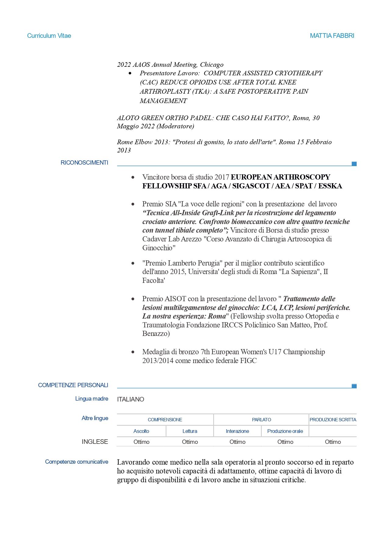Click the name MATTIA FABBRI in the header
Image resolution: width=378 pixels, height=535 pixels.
(x=332, y=36)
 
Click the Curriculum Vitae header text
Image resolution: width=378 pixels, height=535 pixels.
(x=49, y=36)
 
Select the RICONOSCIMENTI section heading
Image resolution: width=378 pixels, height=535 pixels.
(x=84, y=162)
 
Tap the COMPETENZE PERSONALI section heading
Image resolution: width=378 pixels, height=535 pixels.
(x=73, y=385)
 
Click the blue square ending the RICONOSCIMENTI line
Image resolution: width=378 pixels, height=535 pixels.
(x=354, y=164)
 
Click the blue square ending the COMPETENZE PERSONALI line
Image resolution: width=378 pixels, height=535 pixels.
(x=354, y=386)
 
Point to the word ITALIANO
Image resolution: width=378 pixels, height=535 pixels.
(x=130, y=399)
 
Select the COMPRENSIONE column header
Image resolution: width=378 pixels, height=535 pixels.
(x=165, y=420)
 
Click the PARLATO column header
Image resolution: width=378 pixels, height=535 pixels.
(x=262, y=420)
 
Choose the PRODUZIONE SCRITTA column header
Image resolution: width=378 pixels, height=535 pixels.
(x=333, y=420)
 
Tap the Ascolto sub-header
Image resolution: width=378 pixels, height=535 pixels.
(x=141, y=431)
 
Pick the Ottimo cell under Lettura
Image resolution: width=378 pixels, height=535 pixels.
(x=190, y=442)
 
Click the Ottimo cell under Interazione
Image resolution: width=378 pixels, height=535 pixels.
(x=237, y=442)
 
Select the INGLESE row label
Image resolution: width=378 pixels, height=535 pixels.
(x=95, y=442)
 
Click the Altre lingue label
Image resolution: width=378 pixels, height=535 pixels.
(x=95, y=418)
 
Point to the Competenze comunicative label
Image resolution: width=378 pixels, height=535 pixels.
(x=77, y=462)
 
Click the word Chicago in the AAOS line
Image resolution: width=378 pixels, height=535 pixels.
(x=212, y=65)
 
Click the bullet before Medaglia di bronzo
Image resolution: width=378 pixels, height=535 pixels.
(x=133, y=352)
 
